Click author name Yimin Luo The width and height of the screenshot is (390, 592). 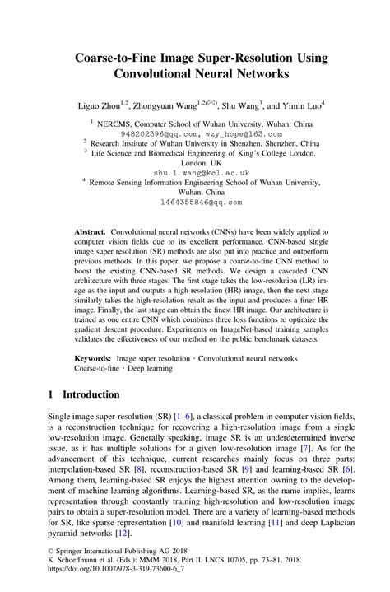coord(298,104)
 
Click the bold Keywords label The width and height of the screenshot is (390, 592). coord(93,359)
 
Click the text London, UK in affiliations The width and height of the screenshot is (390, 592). coord(196,162)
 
